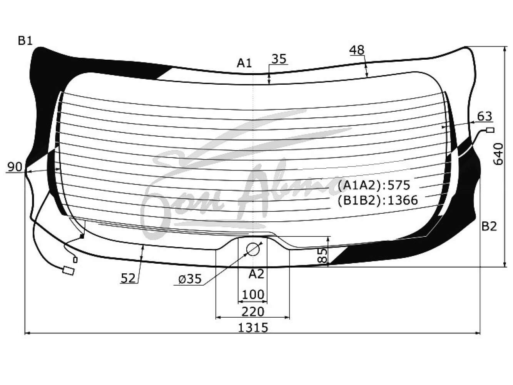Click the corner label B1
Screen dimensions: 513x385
coord(25,41)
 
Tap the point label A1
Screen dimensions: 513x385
coord(244,63)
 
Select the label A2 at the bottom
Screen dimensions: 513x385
coord(256,274)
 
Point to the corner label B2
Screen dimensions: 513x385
coord(489,226)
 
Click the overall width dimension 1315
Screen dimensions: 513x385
coord(253,328)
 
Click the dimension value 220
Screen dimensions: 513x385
coord(253,311)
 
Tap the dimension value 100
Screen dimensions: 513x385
coord(253,295)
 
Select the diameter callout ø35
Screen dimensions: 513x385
coord(190,279)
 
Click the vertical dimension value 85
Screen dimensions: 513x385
coord(323,256)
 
